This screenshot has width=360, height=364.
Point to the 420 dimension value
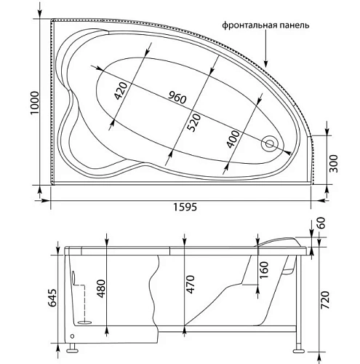click(121, 90)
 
